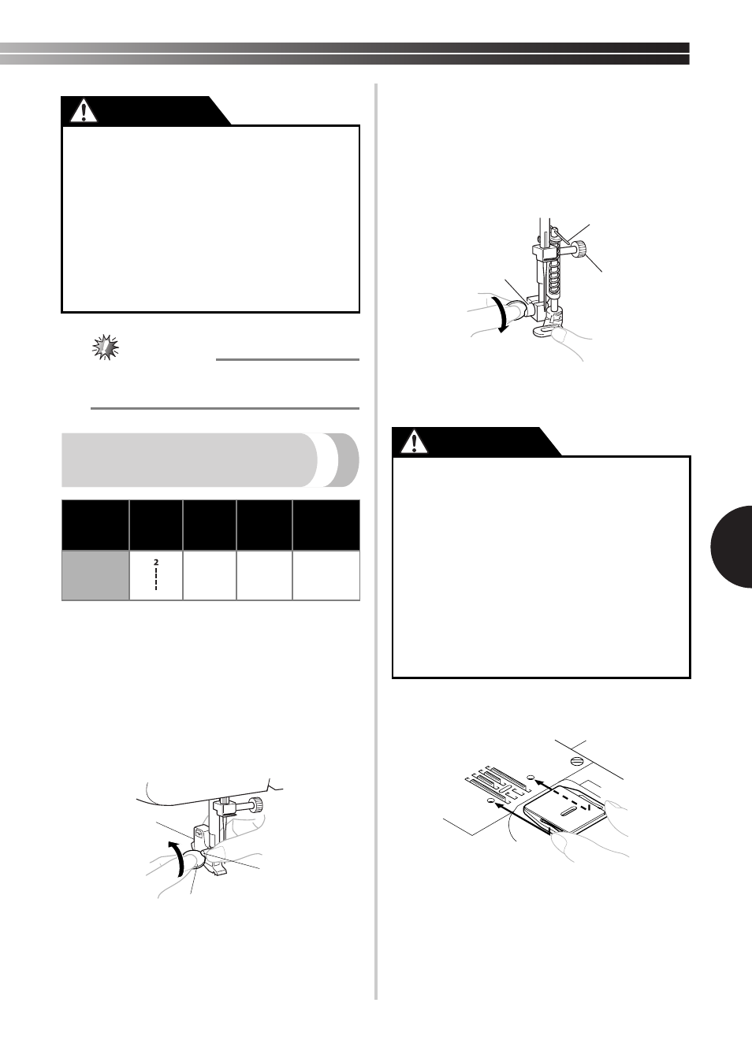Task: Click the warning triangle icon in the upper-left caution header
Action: tap(84, 111)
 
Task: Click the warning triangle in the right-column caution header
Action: tap(414, 442)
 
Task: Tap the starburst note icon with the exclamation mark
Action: tap(106, 347)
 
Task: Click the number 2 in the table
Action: tap(155, 562)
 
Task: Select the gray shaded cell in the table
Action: tap(95, 575)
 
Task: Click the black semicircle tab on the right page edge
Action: tap(732, 547)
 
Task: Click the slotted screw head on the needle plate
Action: tap(577, 761)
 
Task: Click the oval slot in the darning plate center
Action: tap(568, 812)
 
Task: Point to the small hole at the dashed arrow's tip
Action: tap(530, 777)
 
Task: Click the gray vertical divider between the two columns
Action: tap(376, 541)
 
